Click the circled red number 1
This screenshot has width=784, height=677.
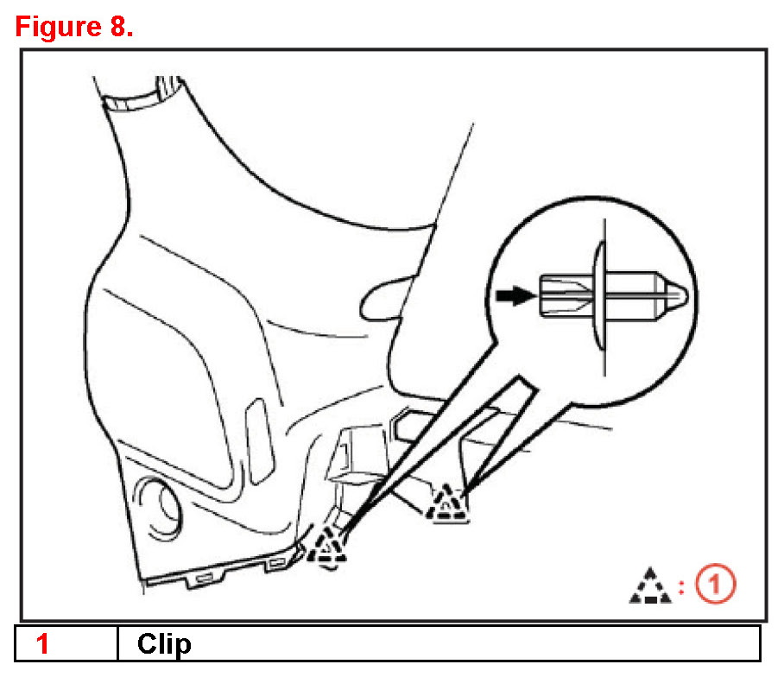[x=717, y=585]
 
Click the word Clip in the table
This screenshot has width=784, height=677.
[x=164, y=644]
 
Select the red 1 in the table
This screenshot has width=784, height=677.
[x=41, y=644]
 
